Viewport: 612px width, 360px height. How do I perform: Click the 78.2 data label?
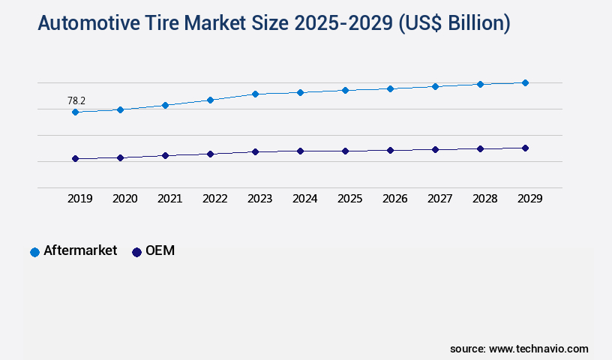point(76,100)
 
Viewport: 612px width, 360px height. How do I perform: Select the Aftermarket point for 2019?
point(75,112)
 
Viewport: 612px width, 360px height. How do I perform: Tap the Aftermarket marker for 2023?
point(255,94)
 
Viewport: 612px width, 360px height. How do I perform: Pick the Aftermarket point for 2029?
point(525,82)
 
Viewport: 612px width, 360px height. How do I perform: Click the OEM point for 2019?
point(75,159)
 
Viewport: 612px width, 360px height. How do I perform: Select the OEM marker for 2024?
point(300,151)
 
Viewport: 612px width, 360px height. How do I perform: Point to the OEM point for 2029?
point(525,148)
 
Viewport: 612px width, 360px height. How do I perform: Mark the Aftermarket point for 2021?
point(165,105)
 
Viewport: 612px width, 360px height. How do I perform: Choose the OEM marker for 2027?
point(435,149)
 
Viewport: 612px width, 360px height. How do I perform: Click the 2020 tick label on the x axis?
point(124,199)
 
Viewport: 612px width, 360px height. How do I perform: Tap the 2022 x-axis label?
point(214,199)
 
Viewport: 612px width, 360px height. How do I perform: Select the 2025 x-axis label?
point(349,199)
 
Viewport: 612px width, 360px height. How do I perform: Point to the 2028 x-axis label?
point(484,199)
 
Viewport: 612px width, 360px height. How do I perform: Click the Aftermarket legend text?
point(80,251)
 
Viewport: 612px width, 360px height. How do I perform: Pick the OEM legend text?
point(160,251)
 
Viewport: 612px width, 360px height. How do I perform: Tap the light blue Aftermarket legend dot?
point(34,252)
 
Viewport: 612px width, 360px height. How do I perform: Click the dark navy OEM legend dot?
point(136,252)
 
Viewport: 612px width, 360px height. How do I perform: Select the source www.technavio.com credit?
point(519,349)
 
